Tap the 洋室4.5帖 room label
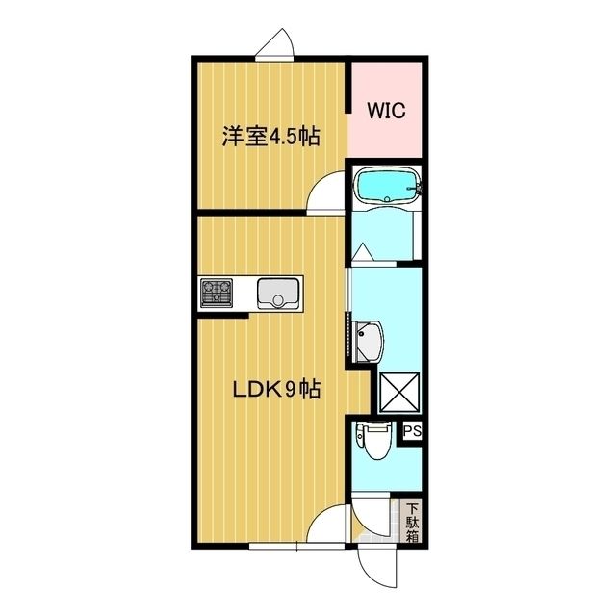pyautogui.click(x=270, y=137)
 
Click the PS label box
pyautogui.click(x=413, y=431)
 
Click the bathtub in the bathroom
pyautogui.click(x=385, y=186)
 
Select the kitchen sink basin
pyautogui.click(x=280, y=292)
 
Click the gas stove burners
pyautogui.click(x=217, y=292)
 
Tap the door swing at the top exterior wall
pyautogui.click(x=275, y=43)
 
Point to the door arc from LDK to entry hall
pyautogui.click(x=331, y=525)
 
